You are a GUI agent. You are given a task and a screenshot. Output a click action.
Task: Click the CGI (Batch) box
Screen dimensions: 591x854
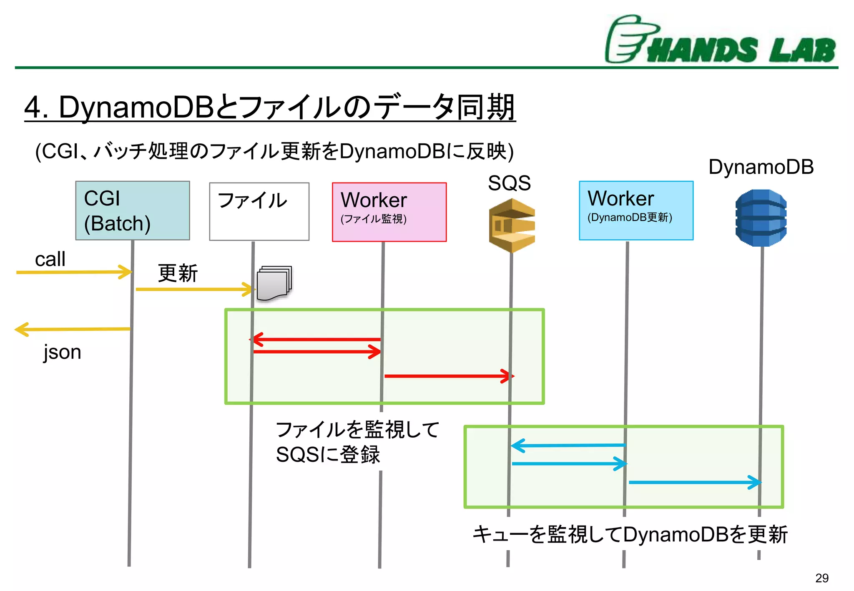pos(133,210)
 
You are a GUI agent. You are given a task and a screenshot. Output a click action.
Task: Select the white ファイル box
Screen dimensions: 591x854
pos(259,211)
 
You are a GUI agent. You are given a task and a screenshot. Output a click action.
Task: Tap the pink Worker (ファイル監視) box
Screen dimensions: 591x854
pos(389,212)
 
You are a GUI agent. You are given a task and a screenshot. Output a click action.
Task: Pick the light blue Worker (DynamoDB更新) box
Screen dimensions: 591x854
pos(636,210)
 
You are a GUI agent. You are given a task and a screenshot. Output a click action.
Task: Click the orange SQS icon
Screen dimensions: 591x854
pos(512,225)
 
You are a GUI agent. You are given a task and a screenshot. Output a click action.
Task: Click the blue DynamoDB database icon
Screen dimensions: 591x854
pos(761,218)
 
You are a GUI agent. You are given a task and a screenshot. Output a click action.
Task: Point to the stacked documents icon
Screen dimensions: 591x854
pos(274,283)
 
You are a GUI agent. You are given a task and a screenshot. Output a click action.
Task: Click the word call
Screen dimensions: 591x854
pos(50,259)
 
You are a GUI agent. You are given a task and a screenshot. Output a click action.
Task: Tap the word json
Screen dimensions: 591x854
pos(63,352)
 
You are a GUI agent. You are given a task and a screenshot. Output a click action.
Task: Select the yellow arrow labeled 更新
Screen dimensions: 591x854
pos(194,289)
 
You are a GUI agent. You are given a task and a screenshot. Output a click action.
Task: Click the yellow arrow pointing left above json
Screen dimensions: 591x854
pos(73,329)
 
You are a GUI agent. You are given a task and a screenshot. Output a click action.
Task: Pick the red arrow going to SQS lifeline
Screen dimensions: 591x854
pos(448,376)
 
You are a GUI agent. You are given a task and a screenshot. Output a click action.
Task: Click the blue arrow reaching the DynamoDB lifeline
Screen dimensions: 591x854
pos(694,482)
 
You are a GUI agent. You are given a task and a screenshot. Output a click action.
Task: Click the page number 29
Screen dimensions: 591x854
pos(821,578)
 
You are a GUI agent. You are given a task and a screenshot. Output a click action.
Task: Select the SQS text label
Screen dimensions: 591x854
pos(509,183)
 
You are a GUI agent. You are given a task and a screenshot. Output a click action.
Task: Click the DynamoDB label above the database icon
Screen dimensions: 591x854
pos(761,167)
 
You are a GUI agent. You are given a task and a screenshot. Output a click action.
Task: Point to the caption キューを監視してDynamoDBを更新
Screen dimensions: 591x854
pos(630,534)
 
